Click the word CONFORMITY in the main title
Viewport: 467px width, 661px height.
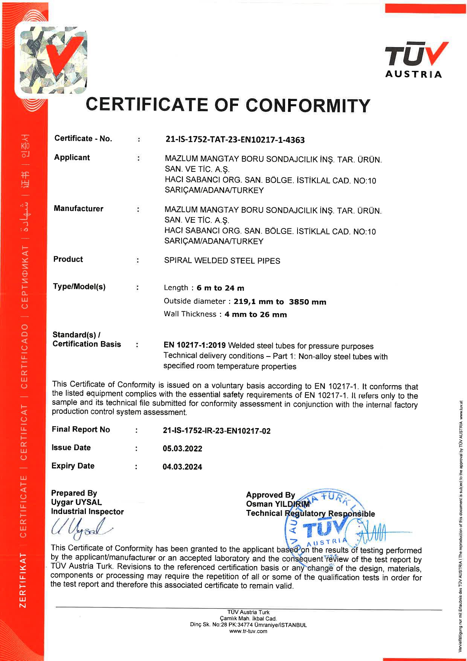coord(308,105)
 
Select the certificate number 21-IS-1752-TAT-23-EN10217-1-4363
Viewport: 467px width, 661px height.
coord(235,140)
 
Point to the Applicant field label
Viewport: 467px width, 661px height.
coord(72,158)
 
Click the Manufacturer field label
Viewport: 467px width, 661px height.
coord(78,209)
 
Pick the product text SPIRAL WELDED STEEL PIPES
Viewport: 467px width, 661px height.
coord(222,261)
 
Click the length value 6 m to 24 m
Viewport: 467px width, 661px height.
coord(220,288)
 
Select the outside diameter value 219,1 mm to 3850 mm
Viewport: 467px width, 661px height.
coord(280,302)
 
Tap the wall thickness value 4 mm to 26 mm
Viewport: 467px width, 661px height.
coord(256,315)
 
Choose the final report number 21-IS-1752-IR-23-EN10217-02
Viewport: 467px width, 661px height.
coord(217,431)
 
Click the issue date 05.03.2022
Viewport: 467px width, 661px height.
coord(182,449)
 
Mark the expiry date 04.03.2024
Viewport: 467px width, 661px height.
coord(182,467)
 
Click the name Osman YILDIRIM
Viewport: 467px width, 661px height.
coord(278,504)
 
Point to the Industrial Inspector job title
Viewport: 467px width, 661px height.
coord(87,512)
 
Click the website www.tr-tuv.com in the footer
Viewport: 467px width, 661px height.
coord(248,631)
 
